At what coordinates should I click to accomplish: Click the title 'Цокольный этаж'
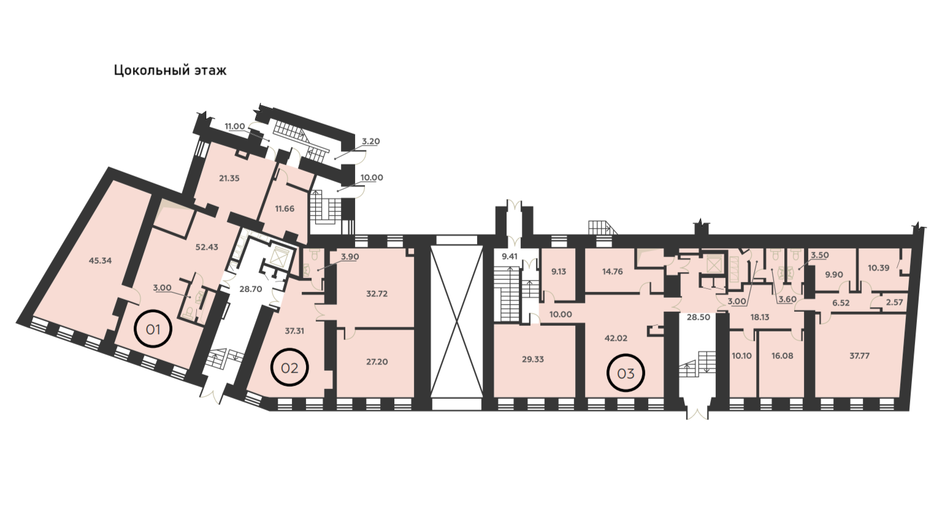tap(170, 70)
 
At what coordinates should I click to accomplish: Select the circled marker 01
tap(153, 329)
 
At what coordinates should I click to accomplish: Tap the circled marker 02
tap(289, 368)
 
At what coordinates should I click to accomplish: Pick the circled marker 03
tap(626, 373)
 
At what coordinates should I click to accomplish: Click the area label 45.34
tap(101, 261)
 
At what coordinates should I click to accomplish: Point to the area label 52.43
tap(207, 247)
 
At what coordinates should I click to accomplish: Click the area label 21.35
tap(229, 178)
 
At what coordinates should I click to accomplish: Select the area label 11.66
tap(285, 209)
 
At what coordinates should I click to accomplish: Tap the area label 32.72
tap(377, 293)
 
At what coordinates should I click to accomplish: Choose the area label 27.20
tap(377, 362)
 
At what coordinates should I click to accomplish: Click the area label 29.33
tap(533, 360)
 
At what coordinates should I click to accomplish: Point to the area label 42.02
tap(616, 337)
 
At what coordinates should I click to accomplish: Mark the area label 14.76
tap(613, 271)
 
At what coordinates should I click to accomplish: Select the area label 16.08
tap(782, 355)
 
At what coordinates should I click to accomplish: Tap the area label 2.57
tap(894, 303)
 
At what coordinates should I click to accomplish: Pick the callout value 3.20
tap(371, 141)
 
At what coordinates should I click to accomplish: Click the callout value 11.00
tap(234, 126)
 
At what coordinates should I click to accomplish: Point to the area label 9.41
tap(509, 256)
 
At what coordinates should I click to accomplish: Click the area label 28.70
tap(251, 289)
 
